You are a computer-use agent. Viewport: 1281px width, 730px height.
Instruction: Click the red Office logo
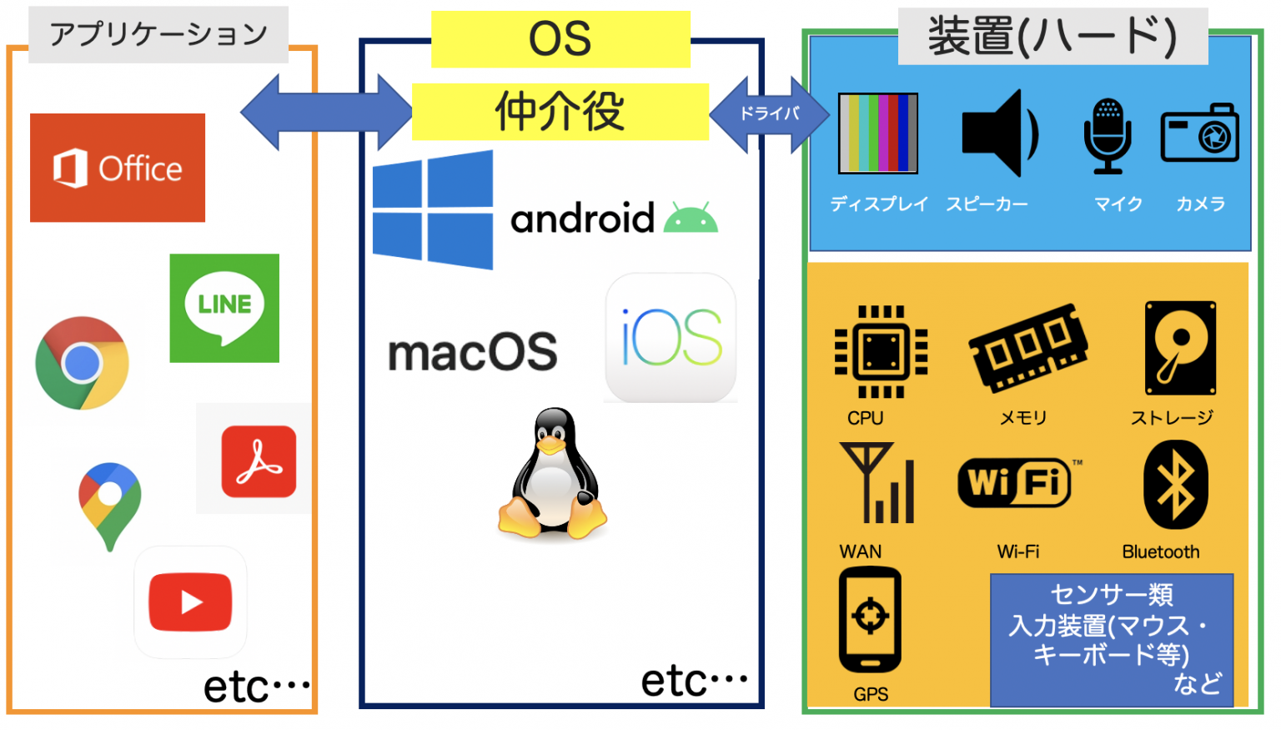click(118, 168)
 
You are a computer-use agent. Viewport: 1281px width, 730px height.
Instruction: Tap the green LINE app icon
click(224, 308)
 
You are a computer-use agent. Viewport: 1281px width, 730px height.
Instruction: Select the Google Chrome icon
click(82, 363)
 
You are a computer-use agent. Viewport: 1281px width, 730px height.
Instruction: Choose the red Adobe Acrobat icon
click(259, 461)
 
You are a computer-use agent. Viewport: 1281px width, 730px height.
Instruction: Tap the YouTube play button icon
click(190, 602)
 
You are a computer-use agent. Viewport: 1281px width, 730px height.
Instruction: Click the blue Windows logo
click(433, 210)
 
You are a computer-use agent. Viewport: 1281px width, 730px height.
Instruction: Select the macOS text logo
click(473, 352)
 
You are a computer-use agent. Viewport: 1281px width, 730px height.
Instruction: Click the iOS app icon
click(671, 338)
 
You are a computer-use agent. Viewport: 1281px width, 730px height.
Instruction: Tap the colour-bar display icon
click(878, 133)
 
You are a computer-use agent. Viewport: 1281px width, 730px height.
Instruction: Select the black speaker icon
click(998, 133)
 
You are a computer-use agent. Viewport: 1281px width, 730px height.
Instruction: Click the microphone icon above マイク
click(1108, 135)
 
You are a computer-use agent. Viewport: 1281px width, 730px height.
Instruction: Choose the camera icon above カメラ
click(1199, 133)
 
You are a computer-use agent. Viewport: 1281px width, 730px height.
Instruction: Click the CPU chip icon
click(881, 352)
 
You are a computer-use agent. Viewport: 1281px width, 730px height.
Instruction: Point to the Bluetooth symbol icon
click(1175, 485)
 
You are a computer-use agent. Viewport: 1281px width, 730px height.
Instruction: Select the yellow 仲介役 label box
click(560, 112)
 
